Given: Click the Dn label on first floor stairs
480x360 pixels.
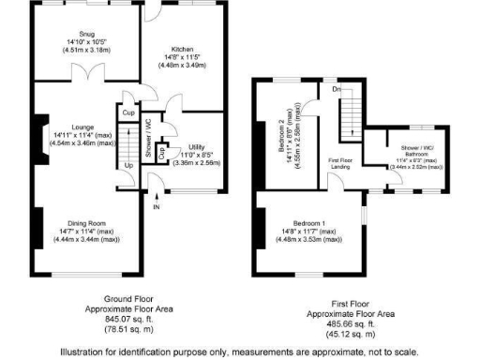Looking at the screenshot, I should click(x=336, y=91).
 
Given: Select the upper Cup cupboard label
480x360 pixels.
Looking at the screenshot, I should click(x=127, y=112).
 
